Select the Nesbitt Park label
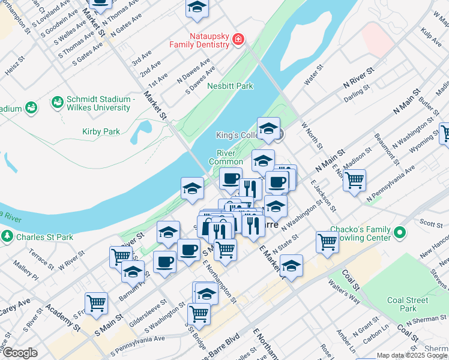[x=230, y=86]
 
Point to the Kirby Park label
[x=101, y=131]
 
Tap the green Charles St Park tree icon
[x=7, y=236]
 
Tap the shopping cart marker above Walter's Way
[x=327, y=241]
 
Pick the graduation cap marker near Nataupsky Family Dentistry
[x=196, y=7]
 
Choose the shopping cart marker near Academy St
[x=96, y=302]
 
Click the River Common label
[x=226, y=157]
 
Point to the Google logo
[x=20, y=353]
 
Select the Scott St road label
[x=430, y=223]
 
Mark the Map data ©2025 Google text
[x=412, y=355]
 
